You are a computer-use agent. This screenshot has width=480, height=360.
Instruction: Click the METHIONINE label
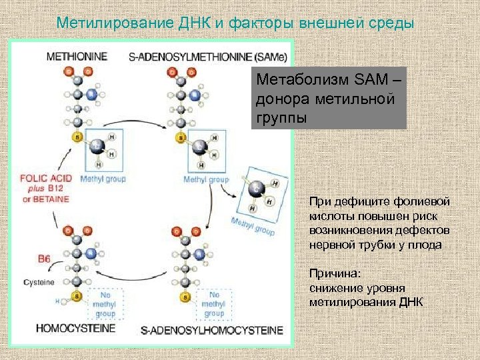point(77,57)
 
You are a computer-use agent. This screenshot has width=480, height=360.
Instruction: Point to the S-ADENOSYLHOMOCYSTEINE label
point(211,330)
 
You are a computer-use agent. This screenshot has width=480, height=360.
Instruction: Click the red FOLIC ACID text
point(45,179)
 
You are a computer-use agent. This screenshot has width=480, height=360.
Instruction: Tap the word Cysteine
point(39,283)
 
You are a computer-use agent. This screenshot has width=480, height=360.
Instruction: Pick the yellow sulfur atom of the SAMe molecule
point(180,137)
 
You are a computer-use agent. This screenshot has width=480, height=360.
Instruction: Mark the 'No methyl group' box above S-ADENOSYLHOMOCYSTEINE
point(214,304)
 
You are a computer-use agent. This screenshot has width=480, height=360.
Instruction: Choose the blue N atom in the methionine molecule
point(91,95)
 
